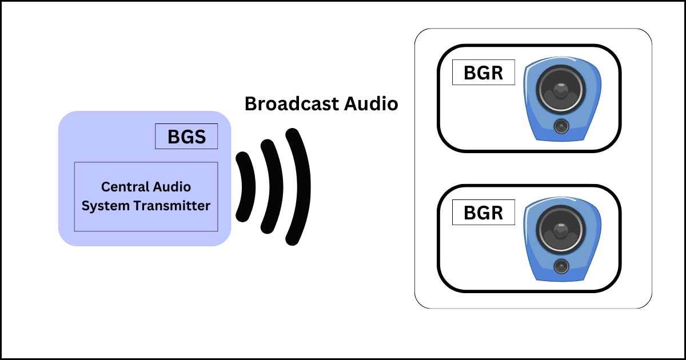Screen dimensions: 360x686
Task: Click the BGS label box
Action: [x=186, y=137]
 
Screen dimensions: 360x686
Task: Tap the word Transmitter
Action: [x=180, y=206]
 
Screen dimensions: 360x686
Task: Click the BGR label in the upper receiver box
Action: [x=483, y=73]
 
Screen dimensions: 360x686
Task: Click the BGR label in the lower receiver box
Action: [x=483, y=213]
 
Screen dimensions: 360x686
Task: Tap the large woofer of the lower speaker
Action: [x=560, y=231]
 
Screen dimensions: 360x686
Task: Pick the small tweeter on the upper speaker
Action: [x=561, y=126]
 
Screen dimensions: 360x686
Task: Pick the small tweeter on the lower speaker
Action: [x=561, y=266]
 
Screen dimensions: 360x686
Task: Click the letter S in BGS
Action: [x=200, y=137]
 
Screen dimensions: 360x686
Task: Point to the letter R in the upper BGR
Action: [x=497, y=73]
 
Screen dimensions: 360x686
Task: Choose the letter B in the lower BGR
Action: [x=470, y=213]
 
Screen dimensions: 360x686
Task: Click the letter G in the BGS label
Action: [x=186, y=137]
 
